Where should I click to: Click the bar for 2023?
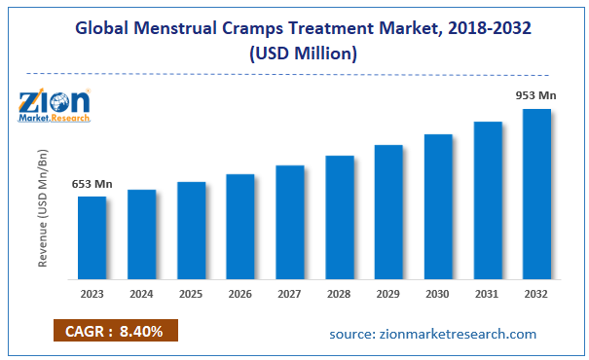coord(92,237)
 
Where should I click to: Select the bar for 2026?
coord(239,226)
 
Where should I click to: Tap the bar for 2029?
coord(388,211)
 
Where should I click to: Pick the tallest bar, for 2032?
coord(536,194)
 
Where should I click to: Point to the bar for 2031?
coord(488,199)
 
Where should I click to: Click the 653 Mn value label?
coord(92,184)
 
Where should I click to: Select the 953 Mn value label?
coord(536,95)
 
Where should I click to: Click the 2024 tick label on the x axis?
coord(141,293)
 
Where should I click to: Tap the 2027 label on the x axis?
coord(289,293)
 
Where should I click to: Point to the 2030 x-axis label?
coord(438,293)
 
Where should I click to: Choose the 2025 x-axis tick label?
coord(191,293)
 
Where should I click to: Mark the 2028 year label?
coord(339,293)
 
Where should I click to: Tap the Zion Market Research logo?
coord(55,105)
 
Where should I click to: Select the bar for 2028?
coord(339,217)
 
